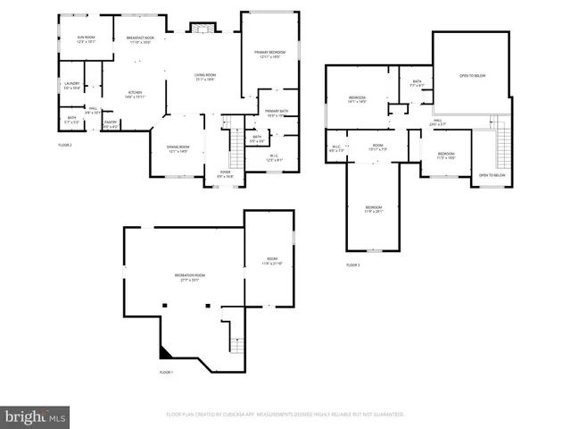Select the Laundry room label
[71, 86]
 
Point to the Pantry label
[111, 123]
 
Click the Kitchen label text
[135, 93]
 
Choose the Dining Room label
[178, 149]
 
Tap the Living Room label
[204, 78]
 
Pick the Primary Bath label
[276, 113]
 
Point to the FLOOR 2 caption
[65, 144]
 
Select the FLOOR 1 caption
[166, 372]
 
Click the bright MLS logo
[35, 416]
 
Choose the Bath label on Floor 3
[417, 84]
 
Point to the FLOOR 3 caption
[353, 265]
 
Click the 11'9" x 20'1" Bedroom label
[373, 210]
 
